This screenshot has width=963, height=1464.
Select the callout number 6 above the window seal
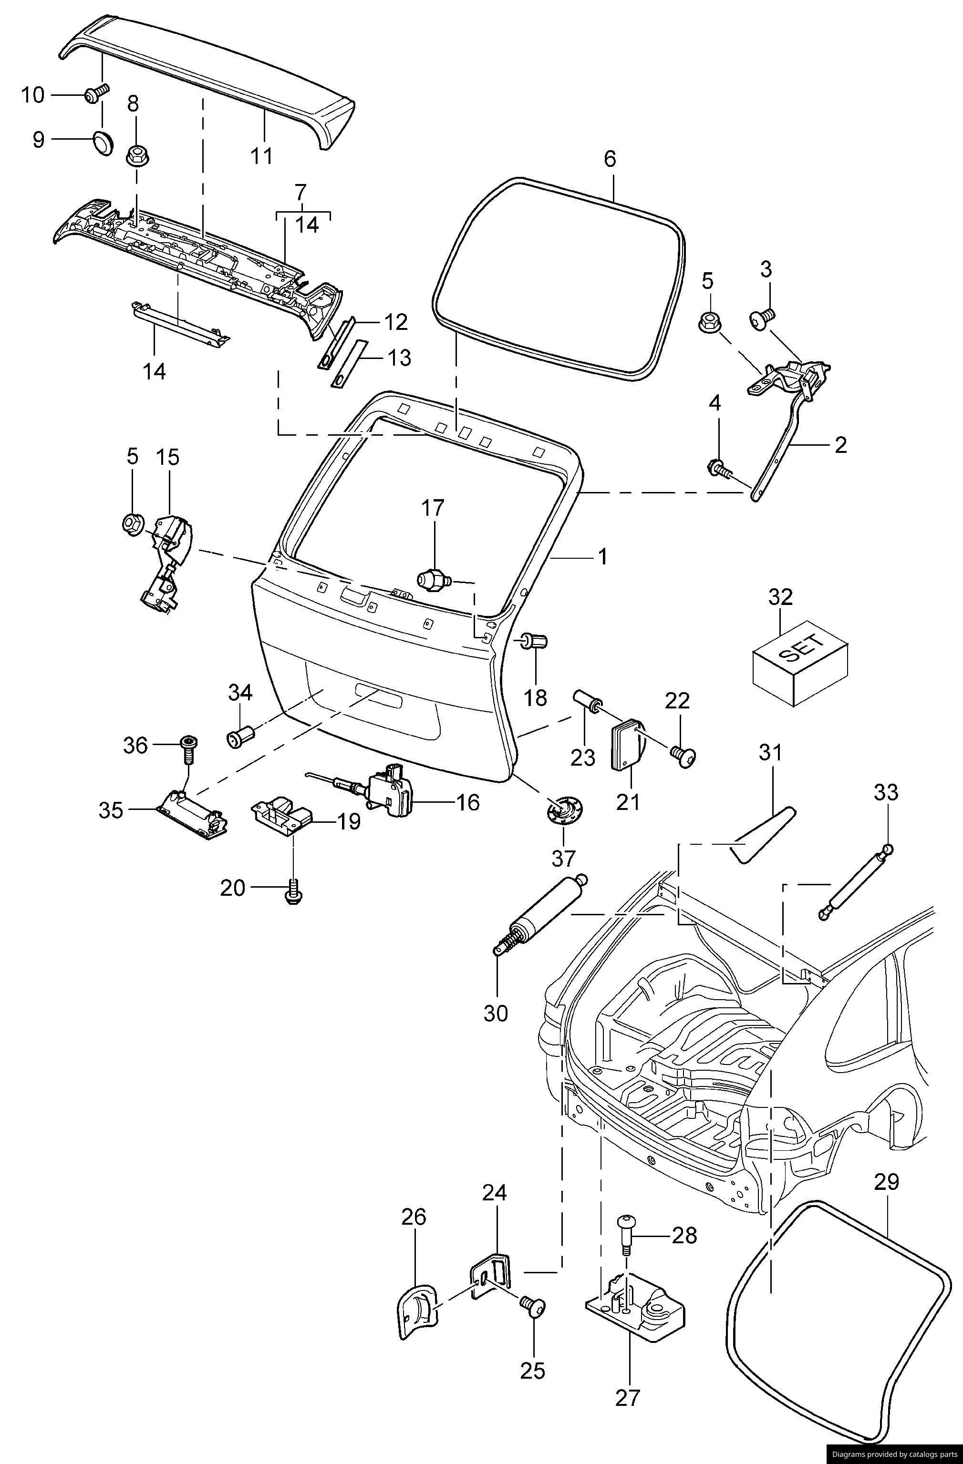[609, 159]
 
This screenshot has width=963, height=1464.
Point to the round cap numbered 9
[102, 142]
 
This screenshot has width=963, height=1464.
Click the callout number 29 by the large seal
[887, 1182]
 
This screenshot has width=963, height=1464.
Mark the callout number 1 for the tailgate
[602, 557]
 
